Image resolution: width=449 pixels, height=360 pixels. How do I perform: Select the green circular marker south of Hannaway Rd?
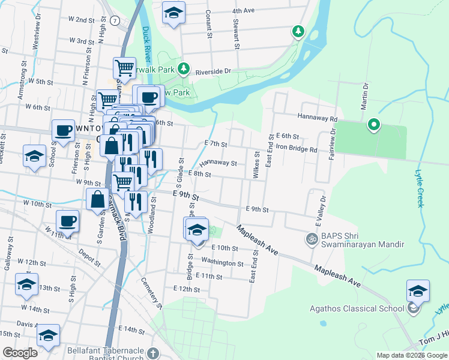373,125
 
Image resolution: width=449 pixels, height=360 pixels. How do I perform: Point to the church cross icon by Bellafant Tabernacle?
154,353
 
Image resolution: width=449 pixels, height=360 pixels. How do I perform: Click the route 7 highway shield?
114,20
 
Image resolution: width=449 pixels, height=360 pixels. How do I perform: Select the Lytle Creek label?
419,188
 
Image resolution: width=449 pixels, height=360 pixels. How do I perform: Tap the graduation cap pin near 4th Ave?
173,13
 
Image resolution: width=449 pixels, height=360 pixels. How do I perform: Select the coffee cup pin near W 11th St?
67,221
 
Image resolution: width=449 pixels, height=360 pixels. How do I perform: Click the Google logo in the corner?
20,353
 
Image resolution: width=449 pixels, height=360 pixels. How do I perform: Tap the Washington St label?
222,262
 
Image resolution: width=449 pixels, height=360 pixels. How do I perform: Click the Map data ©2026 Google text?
411,355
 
